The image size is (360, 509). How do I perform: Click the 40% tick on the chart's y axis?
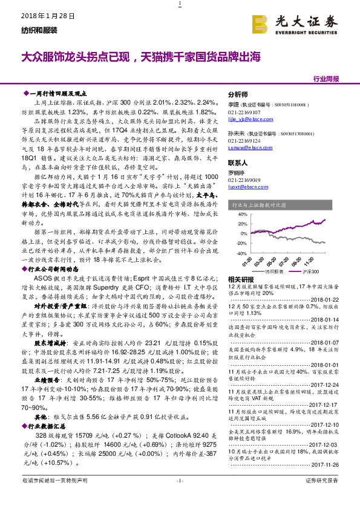(x=241, y=214)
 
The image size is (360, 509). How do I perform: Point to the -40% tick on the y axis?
(x=241, y=254)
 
